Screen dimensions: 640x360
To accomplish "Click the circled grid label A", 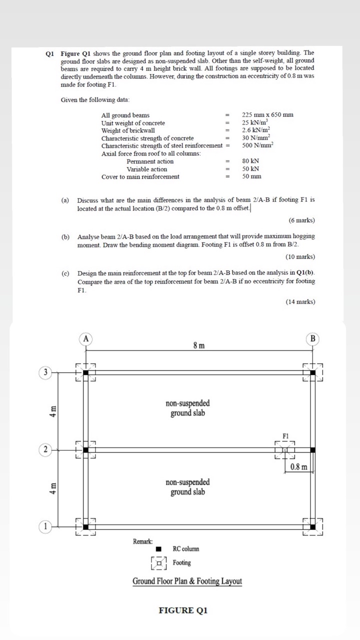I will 86,339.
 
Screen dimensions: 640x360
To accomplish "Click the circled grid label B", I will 313,339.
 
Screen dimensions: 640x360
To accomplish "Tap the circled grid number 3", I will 45,372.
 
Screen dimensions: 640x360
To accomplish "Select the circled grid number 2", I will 45,450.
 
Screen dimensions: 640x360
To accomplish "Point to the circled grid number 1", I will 45,526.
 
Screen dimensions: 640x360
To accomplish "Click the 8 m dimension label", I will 198,345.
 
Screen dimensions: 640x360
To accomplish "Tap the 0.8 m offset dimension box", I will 300,467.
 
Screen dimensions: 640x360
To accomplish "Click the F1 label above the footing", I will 286,436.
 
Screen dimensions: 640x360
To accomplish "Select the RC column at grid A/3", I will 85,372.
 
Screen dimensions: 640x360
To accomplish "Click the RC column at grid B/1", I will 312,526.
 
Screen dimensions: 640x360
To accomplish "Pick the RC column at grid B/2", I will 312,450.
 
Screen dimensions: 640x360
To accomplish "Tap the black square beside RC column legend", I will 158,549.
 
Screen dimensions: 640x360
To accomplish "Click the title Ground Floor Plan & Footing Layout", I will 187,581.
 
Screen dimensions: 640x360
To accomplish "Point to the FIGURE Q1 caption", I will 182,610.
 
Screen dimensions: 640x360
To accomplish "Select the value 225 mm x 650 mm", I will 267,115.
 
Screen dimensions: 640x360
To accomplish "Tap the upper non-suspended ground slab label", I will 187,408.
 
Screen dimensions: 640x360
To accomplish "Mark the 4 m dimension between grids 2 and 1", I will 52,488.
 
